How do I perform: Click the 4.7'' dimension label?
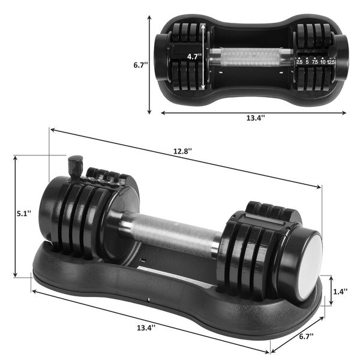[193, 56]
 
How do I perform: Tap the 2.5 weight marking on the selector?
[299, 61]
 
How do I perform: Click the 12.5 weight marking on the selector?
[331, 61]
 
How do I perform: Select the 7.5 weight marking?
[315, 61]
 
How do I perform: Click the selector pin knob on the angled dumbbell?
[76, 164]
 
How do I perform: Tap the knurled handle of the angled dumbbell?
[171, 231]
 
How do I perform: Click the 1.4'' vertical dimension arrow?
[330, 290]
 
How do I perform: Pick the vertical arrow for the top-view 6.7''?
[148, 65]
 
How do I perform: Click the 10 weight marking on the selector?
[323, 61]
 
